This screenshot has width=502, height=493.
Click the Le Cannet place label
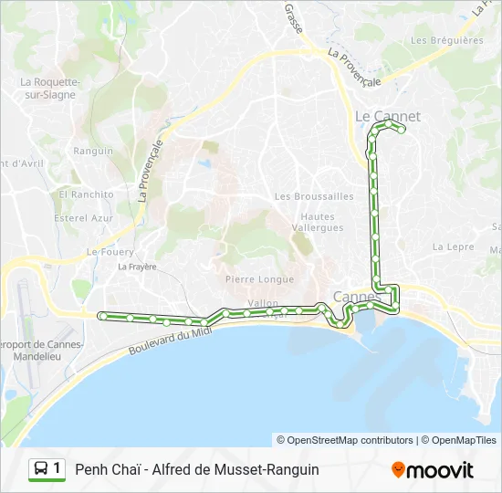tap(387, 116)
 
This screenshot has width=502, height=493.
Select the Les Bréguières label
tap(446, 40)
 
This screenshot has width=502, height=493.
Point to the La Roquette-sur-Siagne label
tap(50, 87)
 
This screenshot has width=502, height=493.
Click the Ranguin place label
tap(93, 151)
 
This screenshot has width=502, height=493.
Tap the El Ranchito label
tap(87, 194)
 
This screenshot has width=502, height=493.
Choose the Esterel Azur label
tap(84, 218)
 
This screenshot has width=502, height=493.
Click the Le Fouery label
tap(110, 252)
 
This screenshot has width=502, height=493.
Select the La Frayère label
tap(138, 267)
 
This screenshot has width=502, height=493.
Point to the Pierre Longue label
tap(260, 279)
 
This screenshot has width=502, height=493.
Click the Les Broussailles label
tap(314, 196)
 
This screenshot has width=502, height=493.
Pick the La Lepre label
tap(454, 246)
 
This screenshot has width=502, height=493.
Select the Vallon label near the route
tap(262, 302)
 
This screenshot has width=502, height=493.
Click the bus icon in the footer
tap(41, 469)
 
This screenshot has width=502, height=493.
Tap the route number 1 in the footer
tap(58, 469)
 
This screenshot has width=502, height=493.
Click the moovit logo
tap(433, 470)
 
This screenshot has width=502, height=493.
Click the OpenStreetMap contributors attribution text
tap(345, 440)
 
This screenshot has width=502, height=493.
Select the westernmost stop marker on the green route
tap(103, 316)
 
